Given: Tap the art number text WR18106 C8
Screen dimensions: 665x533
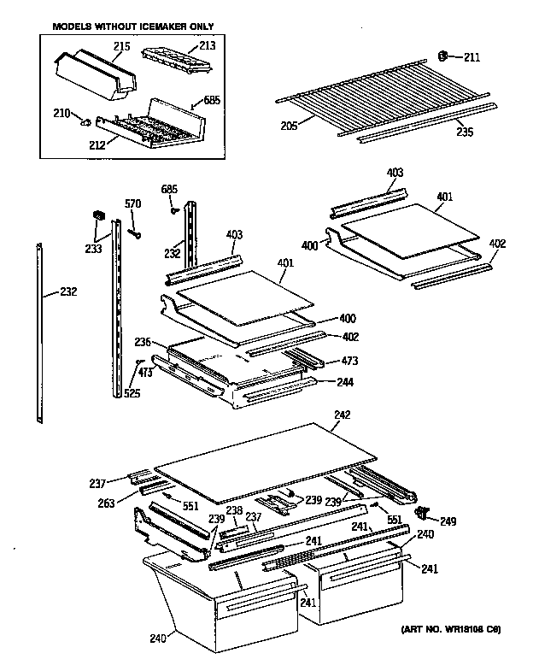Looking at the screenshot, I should pos(450,630).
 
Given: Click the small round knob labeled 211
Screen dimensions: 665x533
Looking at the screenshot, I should pos(444,56).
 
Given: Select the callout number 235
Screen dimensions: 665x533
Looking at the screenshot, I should pos(464,133).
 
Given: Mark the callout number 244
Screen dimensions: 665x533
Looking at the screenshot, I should pos(344,382).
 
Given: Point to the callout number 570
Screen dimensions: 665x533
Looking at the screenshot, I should pos(132,203).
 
